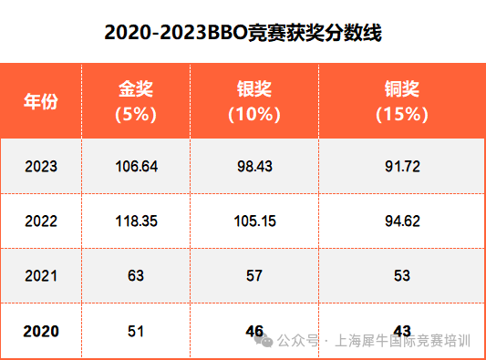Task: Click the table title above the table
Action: [x=243, y=32]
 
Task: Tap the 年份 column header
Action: [x=41, y=101]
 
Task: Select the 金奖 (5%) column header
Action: [x=136, y=101]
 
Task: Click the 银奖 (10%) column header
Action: [x=254, y=101]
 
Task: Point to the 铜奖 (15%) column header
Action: [x=402, y=101]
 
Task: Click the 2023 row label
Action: [x=41, y=167]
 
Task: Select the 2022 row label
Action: [x=41, y=221]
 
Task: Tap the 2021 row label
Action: [x=41, y=276]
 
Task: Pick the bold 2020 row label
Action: [x=41, y=331]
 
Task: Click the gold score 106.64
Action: [x=137, y=167]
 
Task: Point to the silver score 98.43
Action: [x=254, y=167]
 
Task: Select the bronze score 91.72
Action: [x=402, y=167]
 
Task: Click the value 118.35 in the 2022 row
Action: [x=137, y=221]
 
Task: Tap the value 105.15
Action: [x=254, y=221]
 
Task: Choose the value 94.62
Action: [x=402, y=221]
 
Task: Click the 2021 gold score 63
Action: [x=136, y=276]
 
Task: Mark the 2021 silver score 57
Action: [x=254, y=276]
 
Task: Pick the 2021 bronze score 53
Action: [x=402, y=276]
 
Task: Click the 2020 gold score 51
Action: [x=136, y=331]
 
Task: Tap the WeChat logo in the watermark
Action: [x=264, y=341]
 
